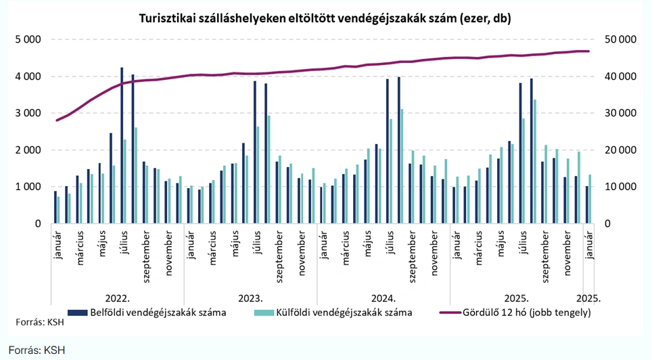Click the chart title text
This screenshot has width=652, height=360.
[x=324, y=18]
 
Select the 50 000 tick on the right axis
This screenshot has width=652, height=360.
[x=618, y=40]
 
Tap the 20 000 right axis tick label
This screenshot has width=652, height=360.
[x=618, y=150]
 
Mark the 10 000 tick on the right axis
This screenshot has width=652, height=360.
[x=618, y=187]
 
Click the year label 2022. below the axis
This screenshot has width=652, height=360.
[x=118, y=298]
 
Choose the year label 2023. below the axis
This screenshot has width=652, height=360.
[x=250, y=298]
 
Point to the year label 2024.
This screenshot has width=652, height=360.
[x=383, y=298]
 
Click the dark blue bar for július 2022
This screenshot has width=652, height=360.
[x=122, y=145]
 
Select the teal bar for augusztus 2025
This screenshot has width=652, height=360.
[x=535, y=162]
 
